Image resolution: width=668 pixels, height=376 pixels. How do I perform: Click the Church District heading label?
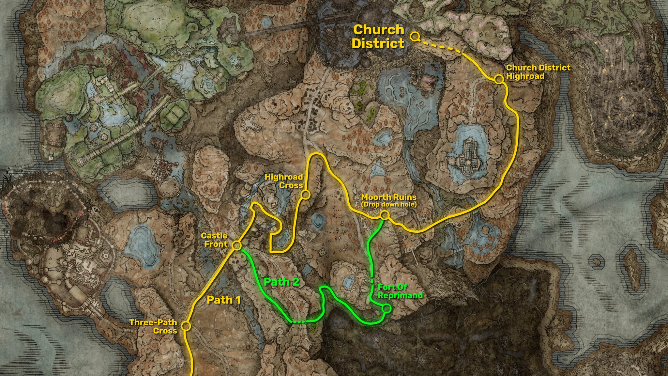click(378, 37)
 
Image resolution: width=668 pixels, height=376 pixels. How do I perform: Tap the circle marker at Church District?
click(414, 37)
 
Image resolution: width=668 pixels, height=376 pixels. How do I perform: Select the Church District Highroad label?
click(538, 72)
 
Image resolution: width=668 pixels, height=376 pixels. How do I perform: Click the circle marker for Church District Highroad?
click(498, 79)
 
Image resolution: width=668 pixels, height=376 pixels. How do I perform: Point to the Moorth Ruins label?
click(389, 197)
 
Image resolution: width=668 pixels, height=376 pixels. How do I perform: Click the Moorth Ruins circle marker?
click(385, 215)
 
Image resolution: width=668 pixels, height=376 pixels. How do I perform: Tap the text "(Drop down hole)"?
click(389, 205)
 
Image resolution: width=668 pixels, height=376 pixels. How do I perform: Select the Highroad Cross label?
click(284, 181)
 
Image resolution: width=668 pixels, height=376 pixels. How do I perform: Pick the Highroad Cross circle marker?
click(305, 195)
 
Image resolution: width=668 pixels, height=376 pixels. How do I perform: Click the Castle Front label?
click(214, 240)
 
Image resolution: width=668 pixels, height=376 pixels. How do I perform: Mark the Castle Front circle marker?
click(237, 245)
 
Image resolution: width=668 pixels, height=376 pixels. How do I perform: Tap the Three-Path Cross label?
click(153, 326)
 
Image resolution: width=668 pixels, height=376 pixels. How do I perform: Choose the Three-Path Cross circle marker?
click(186, 326)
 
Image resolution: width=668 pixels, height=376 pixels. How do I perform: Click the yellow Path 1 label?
click(224, 300)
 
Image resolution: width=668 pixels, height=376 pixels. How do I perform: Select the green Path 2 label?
click(281, 282)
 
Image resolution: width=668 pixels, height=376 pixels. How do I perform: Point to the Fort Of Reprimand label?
click(400, 291)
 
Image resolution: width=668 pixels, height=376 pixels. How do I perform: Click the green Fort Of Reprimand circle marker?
click(387, 308)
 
